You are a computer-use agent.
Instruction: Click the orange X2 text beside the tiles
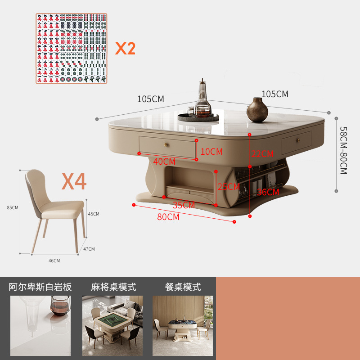coord(125,48)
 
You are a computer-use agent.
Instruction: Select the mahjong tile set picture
coord(72,48)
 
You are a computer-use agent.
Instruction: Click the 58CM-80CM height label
coord(343,150)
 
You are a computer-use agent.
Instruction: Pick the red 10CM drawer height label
coord(211,152)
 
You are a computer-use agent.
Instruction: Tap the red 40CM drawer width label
coord(164,161)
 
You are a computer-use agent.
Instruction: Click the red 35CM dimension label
coord(184,205)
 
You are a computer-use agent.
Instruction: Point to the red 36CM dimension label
coord(268,192)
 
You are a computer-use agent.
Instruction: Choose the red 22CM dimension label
coord(262,154)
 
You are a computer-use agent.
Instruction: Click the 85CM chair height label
coord(13,207)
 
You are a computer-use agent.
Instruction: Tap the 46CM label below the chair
coord(54,261)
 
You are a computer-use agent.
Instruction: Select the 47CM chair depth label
coord(89,248)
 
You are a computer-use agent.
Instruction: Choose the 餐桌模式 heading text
coord(183,287)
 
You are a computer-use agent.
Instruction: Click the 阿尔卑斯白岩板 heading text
coord(40,287)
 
